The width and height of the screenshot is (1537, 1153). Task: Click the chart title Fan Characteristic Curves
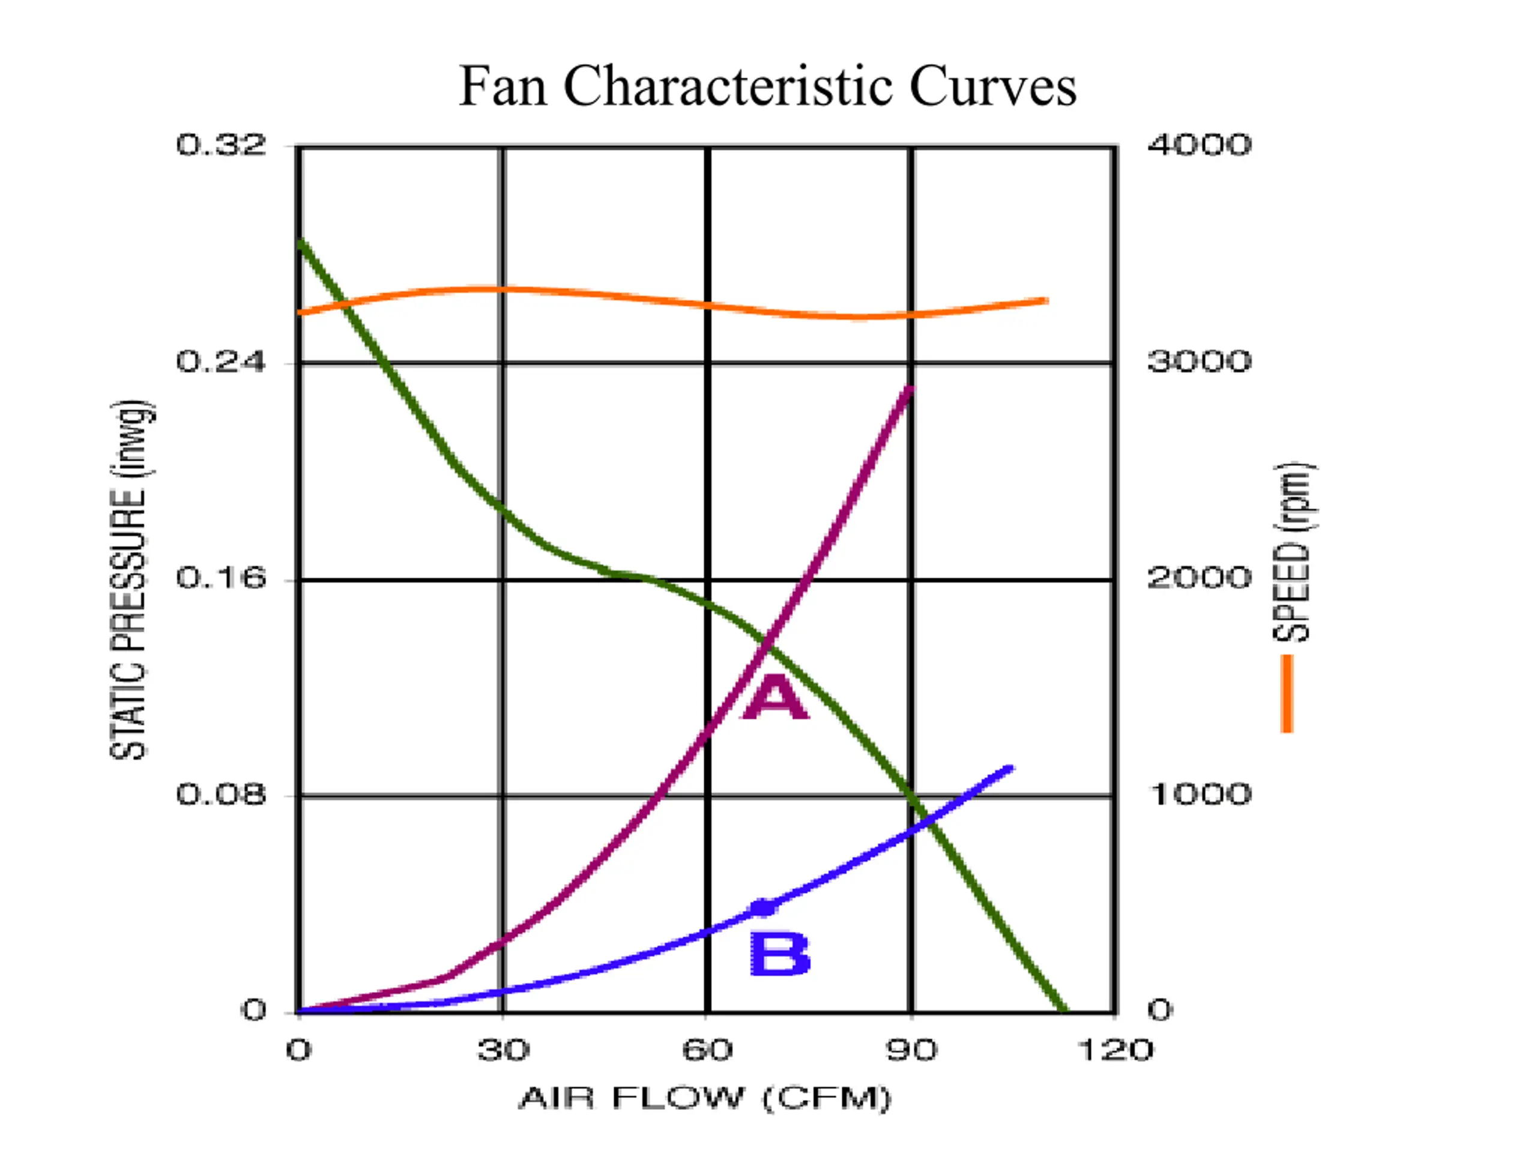coord(768,86)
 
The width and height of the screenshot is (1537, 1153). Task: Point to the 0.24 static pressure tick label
coord(221,362)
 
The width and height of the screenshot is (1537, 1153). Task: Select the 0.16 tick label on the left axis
coord(221,578)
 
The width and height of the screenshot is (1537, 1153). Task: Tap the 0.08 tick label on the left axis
coord(221,794)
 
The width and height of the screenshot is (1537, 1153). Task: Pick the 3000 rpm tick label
coord(1200,362)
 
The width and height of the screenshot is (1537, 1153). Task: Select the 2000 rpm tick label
coord(1200,578)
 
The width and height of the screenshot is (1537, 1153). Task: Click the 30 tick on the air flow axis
coord(503,1050)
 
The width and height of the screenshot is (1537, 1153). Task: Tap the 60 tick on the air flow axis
coord(707,1050)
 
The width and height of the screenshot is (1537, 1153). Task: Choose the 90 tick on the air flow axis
coord(911,1050)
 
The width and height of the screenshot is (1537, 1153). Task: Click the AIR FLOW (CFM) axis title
coord(705,1099)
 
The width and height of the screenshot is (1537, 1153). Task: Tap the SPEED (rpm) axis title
coord(1293,552)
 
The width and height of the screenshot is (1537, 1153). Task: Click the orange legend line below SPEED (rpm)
coord(1287,694)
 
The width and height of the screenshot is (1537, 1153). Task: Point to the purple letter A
coord(776,697)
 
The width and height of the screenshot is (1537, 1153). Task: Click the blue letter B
coord(780,954)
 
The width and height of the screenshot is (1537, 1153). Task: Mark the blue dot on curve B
coord(763,907)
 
